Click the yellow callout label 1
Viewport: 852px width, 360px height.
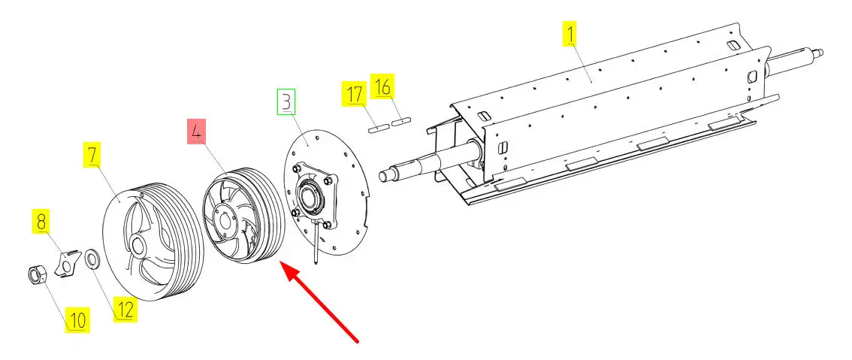click(571, 33)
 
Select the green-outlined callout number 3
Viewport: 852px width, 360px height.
click(286, 101)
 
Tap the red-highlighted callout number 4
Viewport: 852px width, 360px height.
click(196, 133)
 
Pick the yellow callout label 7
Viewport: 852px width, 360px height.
click(92, 156)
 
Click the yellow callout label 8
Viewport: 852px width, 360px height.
click(41, 222)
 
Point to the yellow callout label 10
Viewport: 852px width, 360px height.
click(77, 320)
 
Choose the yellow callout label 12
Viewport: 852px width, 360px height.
click(125, 309)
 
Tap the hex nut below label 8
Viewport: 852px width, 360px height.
click(35, 276)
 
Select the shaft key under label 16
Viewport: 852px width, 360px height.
click(402, 119)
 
